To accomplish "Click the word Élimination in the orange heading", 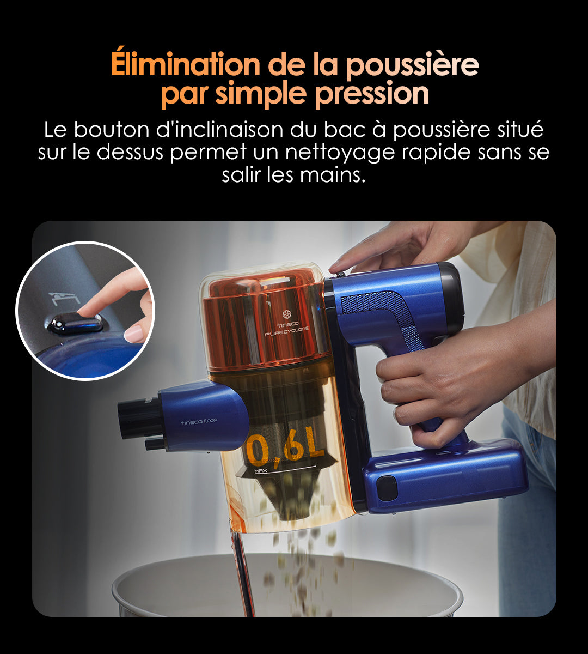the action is pos(185,64).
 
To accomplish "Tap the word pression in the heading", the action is pos(372,94).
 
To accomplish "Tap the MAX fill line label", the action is pos(261,470).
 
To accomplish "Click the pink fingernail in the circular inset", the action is pos(134,334).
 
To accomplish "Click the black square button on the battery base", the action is pos(387,489).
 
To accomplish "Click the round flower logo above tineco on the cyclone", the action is pos(287,314).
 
